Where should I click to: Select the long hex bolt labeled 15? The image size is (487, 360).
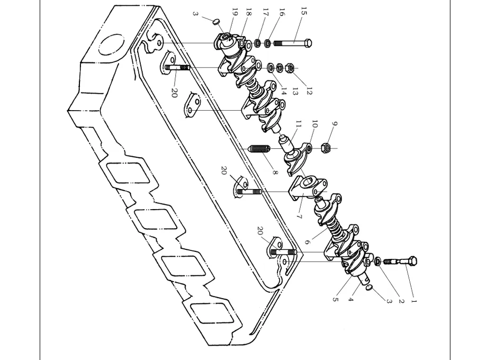click(293, 42)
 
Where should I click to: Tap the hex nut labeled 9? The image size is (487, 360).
click(325, 148)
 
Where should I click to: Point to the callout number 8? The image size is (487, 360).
click(275, 172)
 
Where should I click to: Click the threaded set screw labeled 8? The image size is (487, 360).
click(259, 149)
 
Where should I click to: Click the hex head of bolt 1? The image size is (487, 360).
click(412, 260)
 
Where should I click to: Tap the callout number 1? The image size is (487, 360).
click(413, 301)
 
